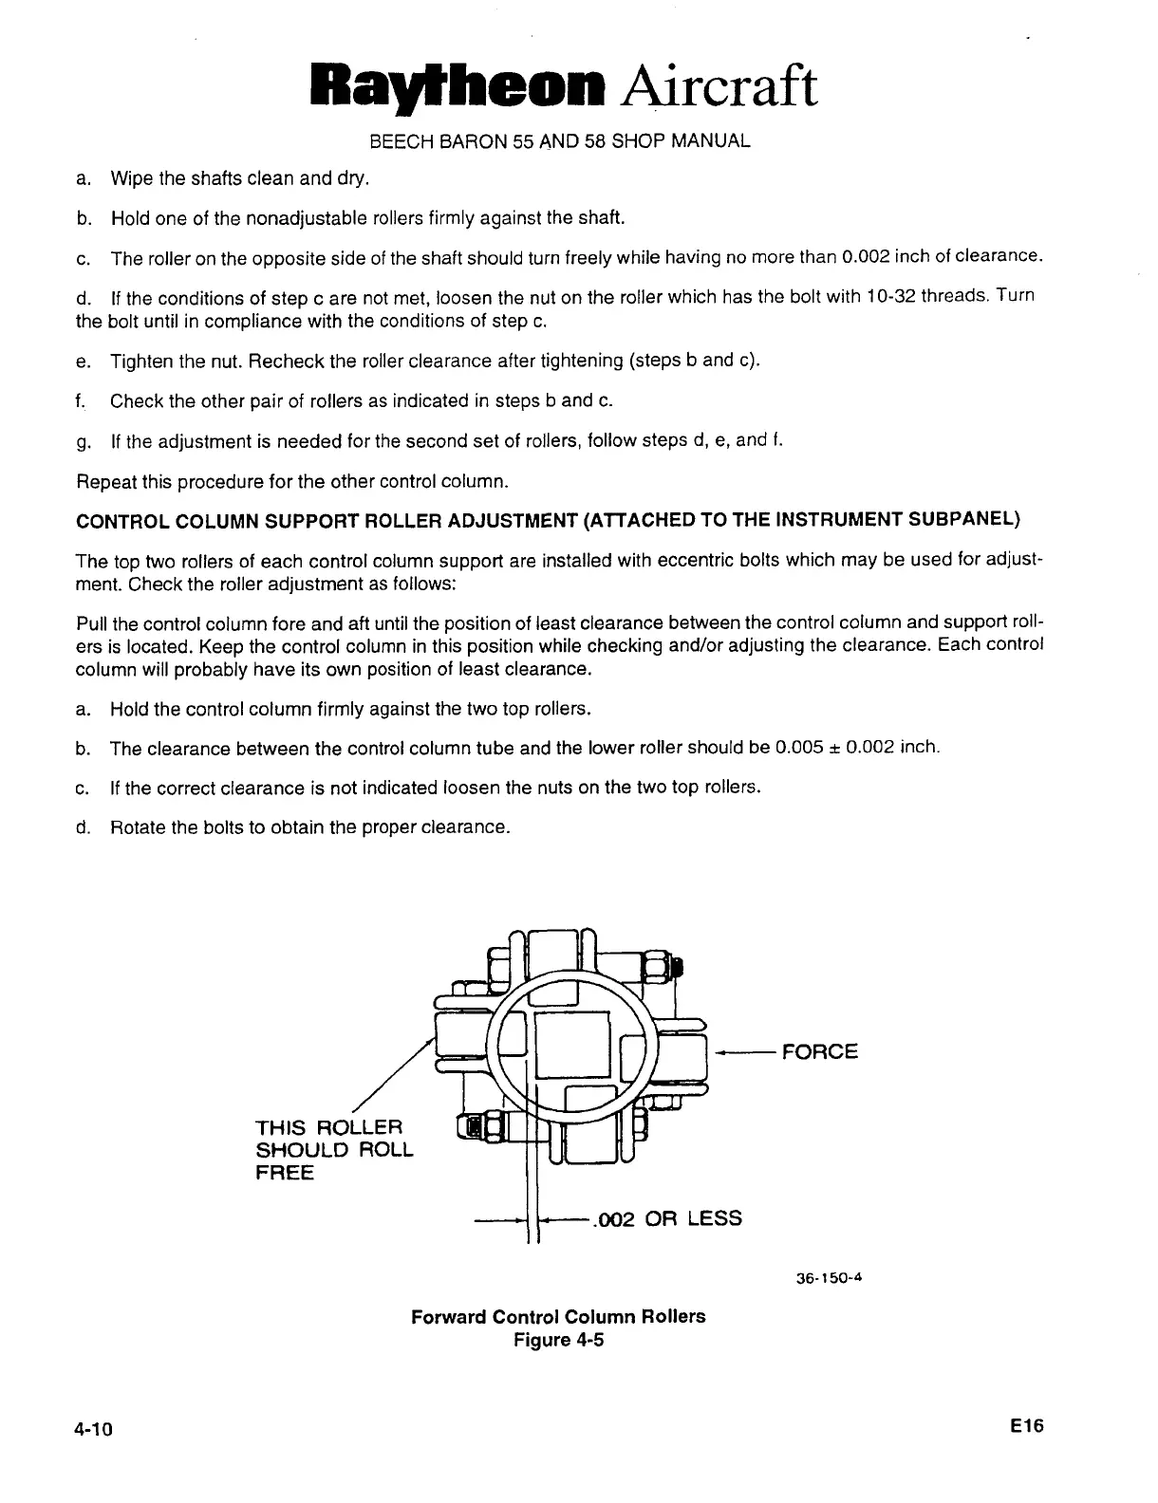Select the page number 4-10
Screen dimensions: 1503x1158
click(95, 1430)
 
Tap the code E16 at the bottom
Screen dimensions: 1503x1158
click(1027, 1426)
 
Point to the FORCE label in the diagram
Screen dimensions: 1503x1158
click(819, 1051)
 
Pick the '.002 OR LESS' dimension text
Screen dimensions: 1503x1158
click(665, 1218)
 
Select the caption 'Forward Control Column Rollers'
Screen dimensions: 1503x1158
click(558, 1317)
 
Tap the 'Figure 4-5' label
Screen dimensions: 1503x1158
click(558, 1340)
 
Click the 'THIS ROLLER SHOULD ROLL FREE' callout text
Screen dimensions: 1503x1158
click(334, 1150)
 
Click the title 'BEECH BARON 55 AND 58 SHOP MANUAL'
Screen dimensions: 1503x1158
click(559, 142)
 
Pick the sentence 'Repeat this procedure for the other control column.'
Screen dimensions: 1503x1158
click(293, 481)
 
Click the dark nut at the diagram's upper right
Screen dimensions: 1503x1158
click(663, 967)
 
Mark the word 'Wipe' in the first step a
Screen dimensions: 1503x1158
click(129, 178)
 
